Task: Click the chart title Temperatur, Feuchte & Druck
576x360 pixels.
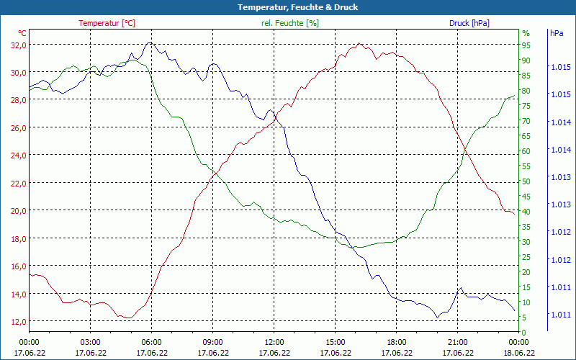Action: point(287,7)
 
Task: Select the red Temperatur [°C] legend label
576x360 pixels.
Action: point(107,23)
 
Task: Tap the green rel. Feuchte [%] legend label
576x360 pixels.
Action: point(289,23)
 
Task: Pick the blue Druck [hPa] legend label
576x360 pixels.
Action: point(469,23)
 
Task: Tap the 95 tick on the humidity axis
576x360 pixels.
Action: point(526,45)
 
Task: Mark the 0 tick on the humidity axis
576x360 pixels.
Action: point(524,332)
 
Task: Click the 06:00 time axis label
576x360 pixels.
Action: point(151,342)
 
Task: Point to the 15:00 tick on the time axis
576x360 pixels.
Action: point(335,342)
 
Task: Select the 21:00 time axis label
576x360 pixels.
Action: point(457,342)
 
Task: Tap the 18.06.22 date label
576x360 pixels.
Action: point(518,353)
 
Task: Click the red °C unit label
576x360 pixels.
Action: point(22,33)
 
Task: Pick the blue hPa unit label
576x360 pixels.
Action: point(557,33)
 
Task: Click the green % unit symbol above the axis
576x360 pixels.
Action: point(526,33)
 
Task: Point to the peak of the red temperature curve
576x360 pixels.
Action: point(359,43)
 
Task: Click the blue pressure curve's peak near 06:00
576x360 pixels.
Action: point(149,42)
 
